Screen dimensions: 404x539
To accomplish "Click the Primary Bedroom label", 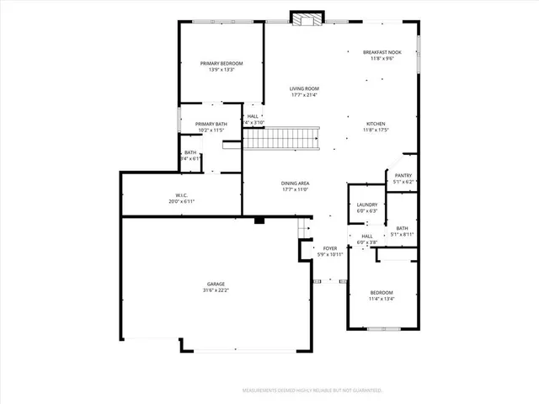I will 221,64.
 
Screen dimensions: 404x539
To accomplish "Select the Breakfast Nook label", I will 382,52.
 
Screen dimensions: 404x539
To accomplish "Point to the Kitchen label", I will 376,123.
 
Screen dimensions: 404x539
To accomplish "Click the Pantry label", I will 403,175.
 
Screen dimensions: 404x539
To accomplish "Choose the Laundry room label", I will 366,205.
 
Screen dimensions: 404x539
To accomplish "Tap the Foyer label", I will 330,248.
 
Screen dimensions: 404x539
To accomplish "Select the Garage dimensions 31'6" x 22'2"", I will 216,290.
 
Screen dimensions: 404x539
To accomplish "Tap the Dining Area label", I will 295,183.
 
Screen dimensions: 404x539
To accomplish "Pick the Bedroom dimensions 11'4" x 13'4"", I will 382,299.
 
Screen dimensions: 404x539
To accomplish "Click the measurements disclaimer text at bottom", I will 312,391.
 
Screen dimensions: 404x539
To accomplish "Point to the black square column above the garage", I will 259,221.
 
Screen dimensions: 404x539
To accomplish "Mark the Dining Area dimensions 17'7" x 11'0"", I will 295,189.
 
